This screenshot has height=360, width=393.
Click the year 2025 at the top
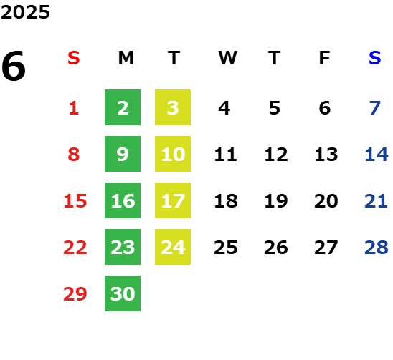coord(25,12)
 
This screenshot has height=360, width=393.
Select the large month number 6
coord(14,66)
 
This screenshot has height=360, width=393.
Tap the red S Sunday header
coord(74,58)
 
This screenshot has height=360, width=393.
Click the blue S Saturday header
coord(374,58)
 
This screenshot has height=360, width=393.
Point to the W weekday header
coord(227,58)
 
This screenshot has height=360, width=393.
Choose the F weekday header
coord(325,58)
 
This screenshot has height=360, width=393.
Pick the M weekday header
coord(126,58)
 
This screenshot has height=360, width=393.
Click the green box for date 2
coord(123,107)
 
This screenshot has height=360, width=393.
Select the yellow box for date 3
coord(173,107)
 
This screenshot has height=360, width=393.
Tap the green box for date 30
coord(123,293)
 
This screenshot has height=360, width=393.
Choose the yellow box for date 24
coord(173,247)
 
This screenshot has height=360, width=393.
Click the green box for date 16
coord(123,200)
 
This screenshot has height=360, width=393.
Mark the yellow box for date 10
coord(173,154)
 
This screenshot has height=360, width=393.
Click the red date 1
coord(74,108)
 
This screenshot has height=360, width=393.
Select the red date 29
coord(75,293)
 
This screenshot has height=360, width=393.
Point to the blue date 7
coord(375,108)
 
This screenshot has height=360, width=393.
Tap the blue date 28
coord(377,248)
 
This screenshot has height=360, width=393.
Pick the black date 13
coord(326,155)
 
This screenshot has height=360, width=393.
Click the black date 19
coord(276,201)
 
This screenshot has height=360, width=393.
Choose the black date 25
coord(226,248)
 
